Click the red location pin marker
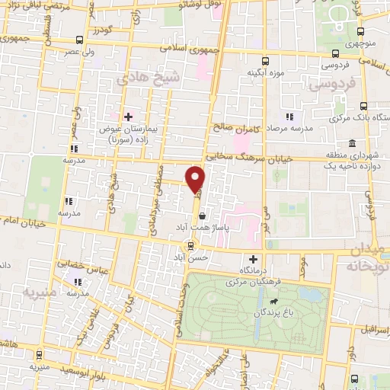coord(196,180)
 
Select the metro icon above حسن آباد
coord(191,245)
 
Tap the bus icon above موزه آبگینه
coord(265,61)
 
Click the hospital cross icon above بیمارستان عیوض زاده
coord(128,117)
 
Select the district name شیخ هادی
coord(137,78)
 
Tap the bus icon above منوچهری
coord(361,30)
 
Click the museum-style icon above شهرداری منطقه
coord(351,143)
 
